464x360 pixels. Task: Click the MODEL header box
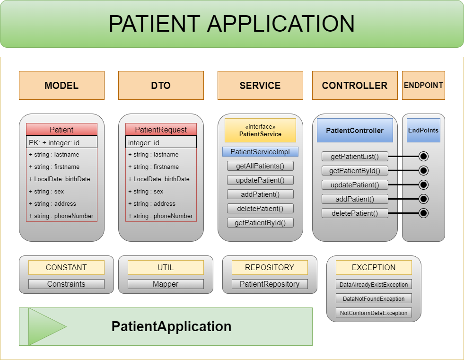point(61,86)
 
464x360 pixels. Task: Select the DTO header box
point(161,86)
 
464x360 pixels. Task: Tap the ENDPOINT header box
point(423,86)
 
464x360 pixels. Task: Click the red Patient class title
point(61,130)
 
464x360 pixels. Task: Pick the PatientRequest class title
point(161,130)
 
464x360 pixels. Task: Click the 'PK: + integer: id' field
point(61,142)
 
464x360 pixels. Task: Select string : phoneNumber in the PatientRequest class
point(161,216)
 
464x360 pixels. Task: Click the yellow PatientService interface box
point(260,131)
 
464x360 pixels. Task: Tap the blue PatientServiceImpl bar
point(260,152)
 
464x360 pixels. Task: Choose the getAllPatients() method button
point(260,166)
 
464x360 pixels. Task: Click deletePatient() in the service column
point(260,209)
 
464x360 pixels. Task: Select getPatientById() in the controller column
point(355,171)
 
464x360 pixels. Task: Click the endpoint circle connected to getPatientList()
point(423,157)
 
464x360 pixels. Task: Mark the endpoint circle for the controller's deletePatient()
point(423,213)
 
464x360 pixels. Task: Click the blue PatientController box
point(355,131)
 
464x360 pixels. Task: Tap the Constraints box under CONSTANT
point(66,284)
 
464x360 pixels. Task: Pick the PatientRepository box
point(270,284)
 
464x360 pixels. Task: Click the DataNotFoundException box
point(374,299)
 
